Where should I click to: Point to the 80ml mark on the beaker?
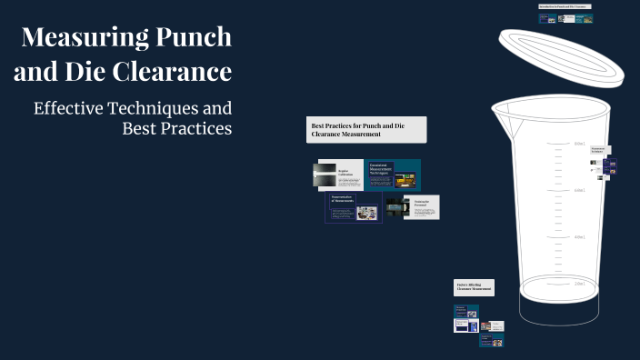pos(579,144)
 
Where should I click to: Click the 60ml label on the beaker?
pos(579,190)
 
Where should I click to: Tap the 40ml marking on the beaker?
pos(579,237)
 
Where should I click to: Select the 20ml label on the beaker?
pos(579,284)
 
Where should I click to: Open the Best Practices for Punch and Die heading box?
pos(367,130)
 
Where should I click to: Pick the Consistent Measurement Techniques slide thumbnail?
pos(394,175)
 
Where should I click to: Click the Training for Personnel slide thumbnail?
pos(414,207)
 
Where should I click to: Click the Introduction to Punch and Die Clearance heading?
pos(565,6)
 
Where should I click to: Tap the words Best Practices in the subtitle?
pos(177,128)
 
